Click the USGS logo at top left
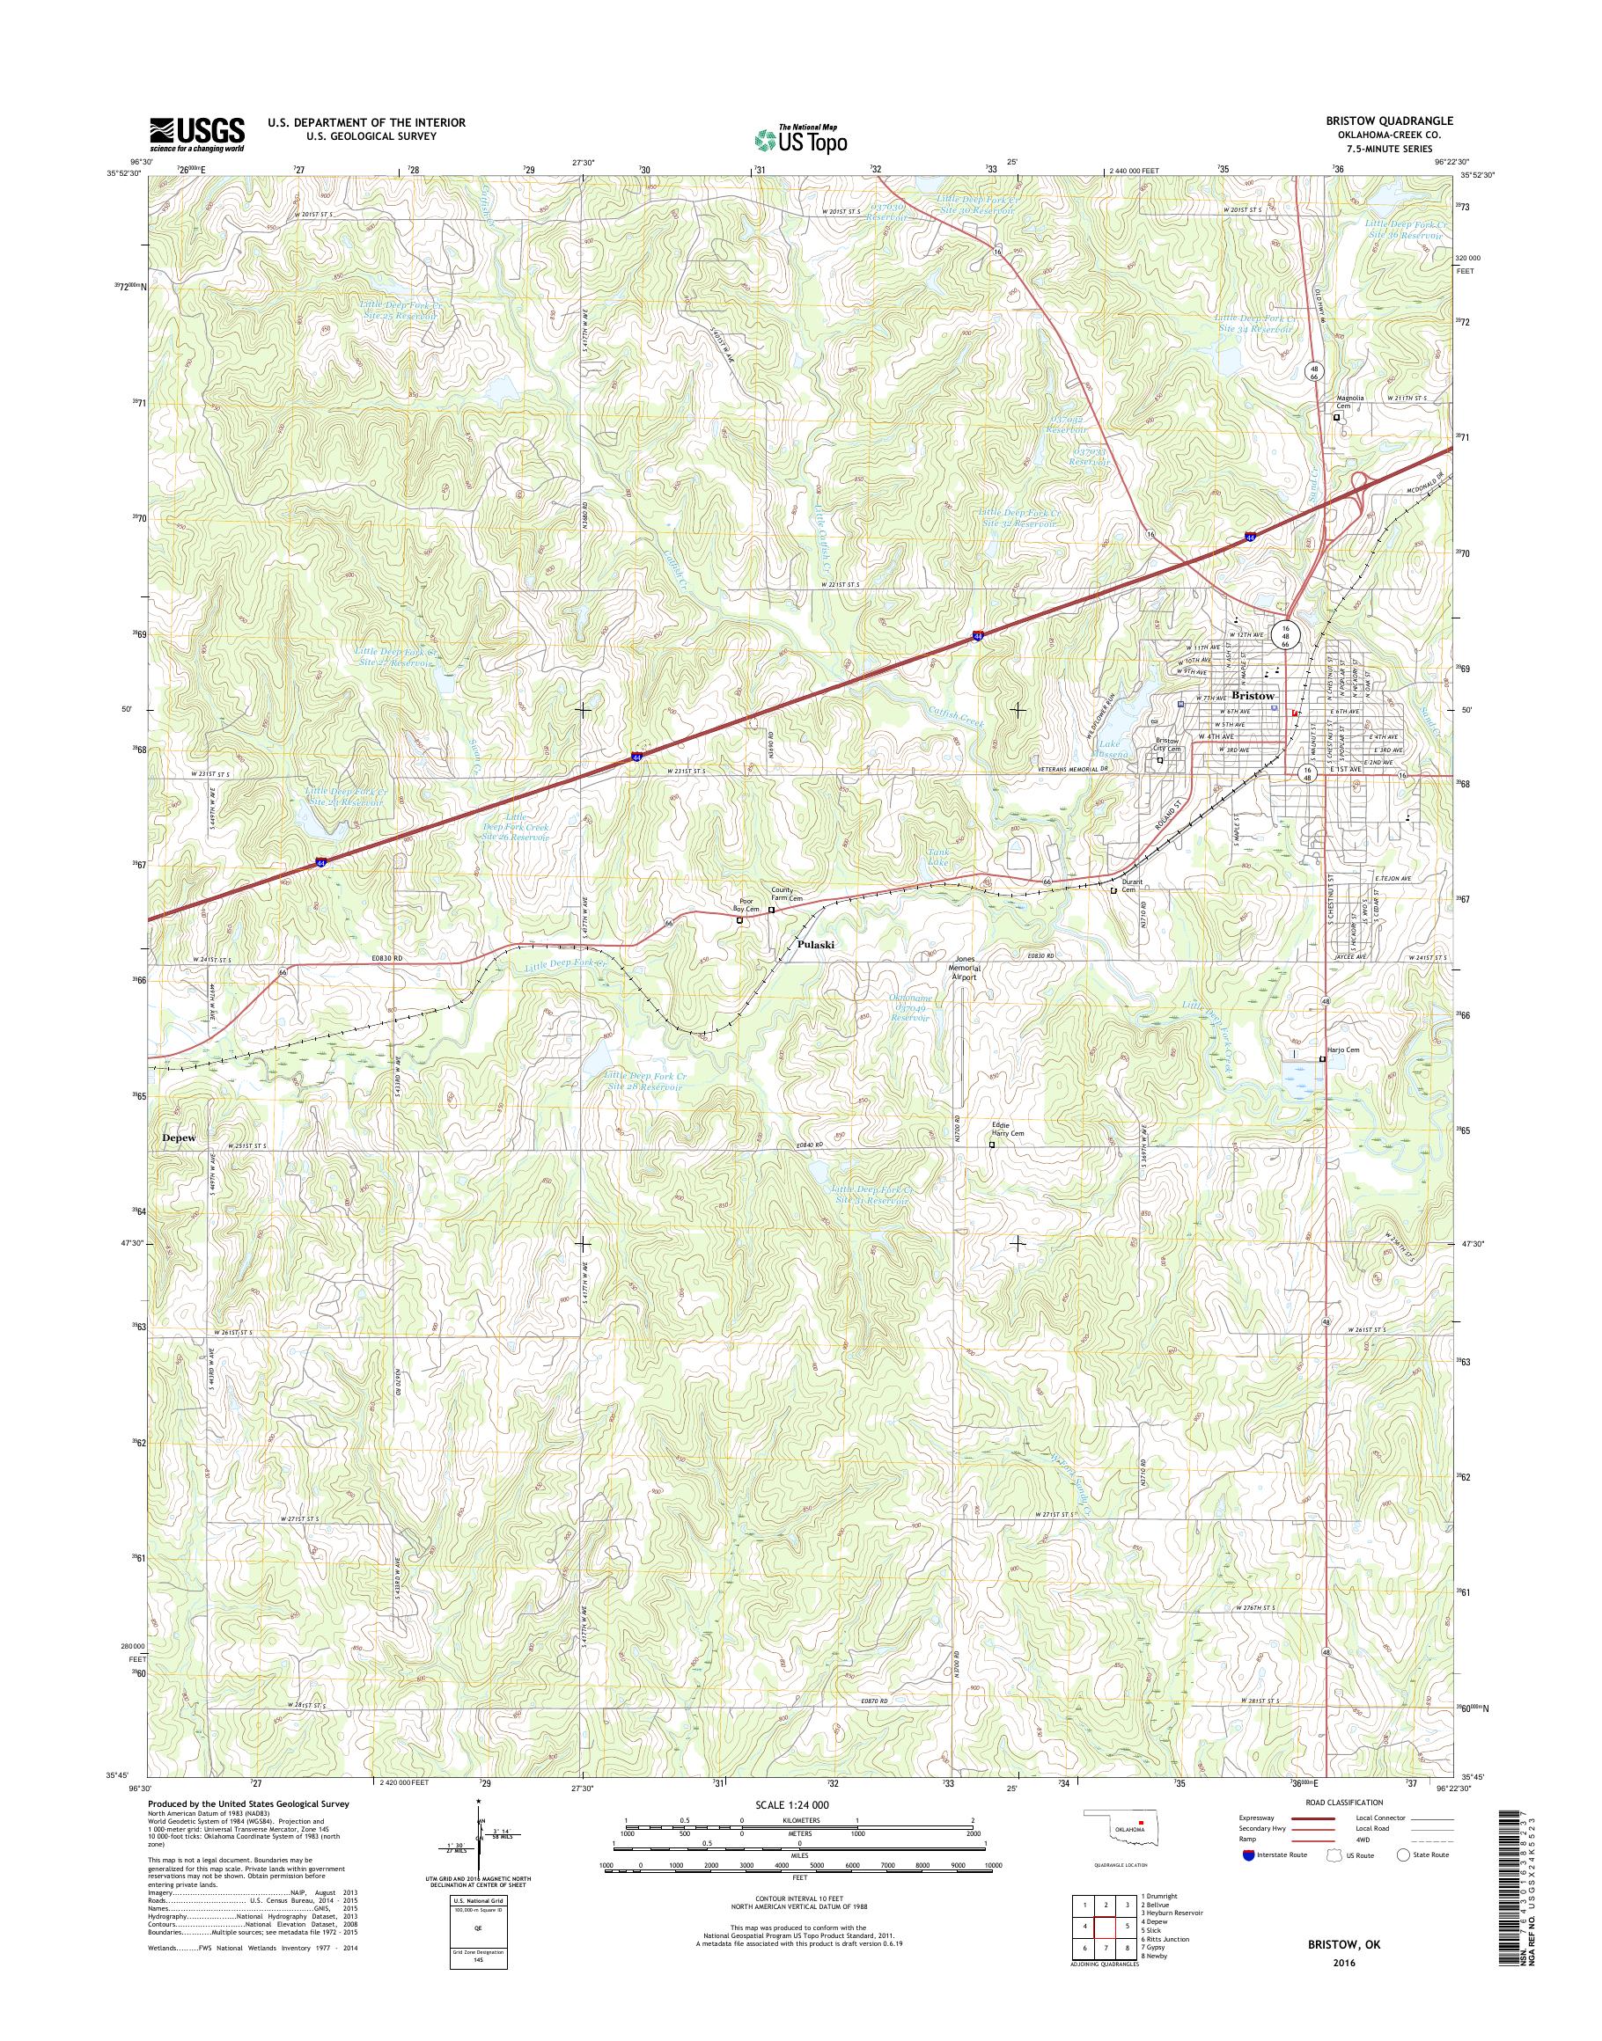[197, 134]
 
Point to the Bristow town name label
[1253, 696]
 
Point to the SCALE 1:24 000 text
[791, 1804]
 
